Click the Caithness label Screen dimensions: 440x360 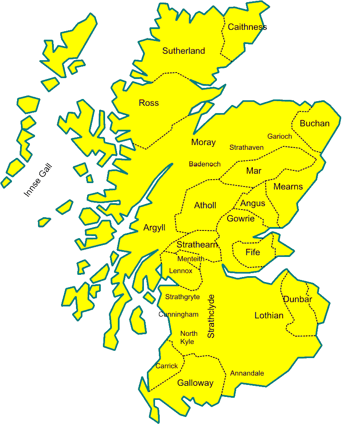[x=247, y=27]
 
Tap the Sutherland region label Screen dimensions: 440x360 [x=184, y=51]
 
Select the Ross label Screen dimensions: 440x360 [x=149, y=103]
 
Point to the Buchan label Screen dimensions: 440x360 [x=315, y=124]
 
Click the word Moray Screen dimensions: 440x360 [x=203, y=143]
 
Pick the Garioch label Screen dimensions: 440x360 [x=280, y=137]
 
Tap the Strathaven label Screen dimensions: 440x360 [x=246, y=148]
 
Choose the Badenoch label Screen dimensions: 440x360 [x=205, y=164]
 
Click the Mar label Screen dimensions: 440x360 [x=254, y=171]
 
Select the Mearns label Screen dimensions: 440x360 [x=288, y=187]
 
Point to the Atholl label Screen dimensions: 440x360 [x=205, y=206]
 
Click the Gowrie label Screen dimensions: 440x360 [x=240, y=219]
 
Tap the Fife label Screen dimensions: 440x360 [x=252, y=253]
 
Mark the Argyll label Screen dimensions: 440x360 [x=154, y=228]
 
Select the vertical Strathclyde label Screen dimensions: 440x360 [x=211, y=316]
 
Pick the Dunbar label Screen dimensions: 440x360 [x=297, y=300]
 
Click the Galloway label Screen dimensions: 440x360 [x=195, y=383]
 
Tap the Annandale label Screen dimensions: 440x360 [x=247, y=373]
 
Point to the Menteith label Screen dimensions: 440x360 [x=191, y=259]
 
